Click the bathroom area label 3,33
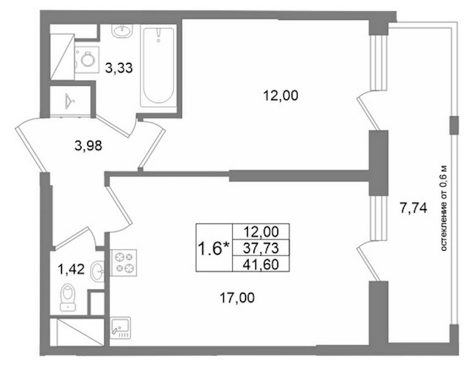tap(119, 68)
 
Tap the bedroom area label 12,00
tap(280, 96)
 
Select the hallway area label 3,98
tap(88, 146)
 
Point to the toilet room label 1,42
tap(71, 269)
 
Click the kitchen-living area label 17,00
tap(237, 298)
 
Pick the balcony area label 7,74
tap(413, 207)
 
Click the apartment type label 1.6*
tap(214, 249)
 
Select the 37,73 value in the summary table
tap(261, 248)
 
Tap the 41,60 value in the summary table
tap(261, 264)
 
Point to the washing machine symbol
tap(87, 60)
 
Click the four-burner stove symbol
tap(124, 262)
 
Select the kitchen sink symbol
tap(120, 328)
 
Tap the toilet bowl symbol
tap(68, 297)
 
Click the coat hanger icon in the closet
tap(69, 101)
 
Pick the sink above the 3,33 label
tap(122, 30)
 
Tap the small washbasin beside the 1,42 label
tap(97, 271)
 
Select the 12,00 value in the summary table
tap(261, 232)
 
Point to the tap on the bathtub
tap(158, 35)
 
